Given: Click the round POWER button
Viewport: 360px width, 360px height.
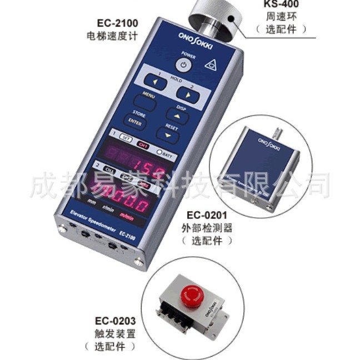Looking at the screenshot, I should click(186, 66).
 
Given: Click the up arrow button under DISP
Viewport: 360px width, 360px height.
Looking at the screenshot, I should click(177, 116).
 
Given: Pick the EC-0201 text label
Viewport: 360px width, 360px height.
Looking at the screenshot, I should click(206, 213).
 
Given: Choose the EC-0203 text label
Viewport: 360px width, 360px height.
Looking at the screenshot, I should click(116, 321).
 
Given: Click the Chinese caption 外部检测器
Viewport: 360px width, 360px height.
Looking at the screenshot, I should click(206, 227).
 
